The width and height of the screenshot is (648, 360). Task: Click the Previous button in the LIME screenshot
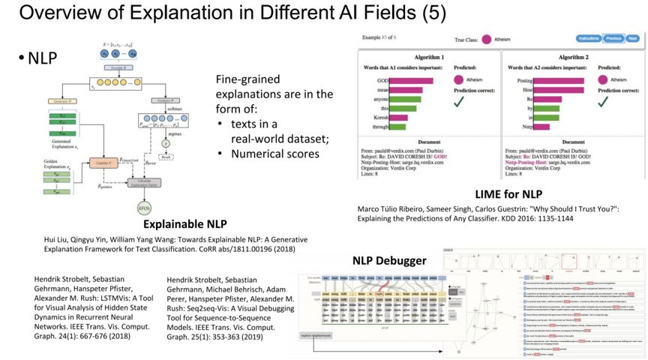pyautogui.click(x=613, y=38)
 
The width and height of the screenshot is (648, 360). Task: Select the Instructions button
pyautogui.click(x=589, y=38)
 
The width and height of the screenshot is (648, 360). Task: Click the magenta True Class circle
pyautogui.click(x=487, y=38)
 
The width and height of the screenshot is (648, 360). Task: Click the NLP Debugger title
pyautogui.click(x=389, y=260)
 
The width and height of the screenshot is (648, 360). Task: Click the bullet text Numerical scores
pyautogui.click(x=274, y=154)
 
